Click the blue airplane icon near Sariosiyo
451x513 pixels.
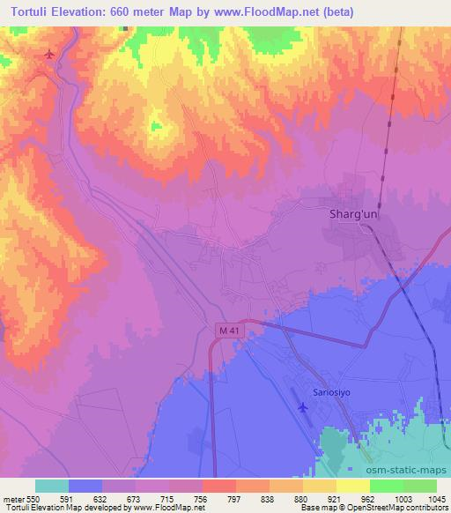pyautogui.click(x=304, y=406)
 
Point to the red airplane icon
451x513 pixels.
pyautogui.click(x=48, y=56)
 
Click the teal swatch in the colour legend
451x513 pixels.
pyautogui.click(x=51, y=486)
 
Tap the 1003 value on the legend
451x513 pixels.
pyautogui.click(x=399, y=498)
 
